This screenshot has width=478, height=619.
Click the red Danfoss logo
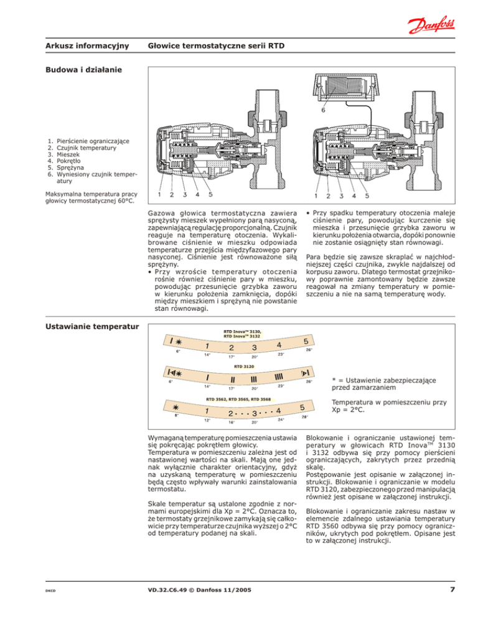[x=431, y=25]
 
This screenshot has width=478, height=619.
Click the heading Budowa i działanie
[x=83, y=70]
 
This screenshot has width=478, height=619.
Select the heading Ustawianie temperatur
[x=92, y=326]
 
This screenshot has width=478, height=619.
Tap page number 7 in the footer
[x=452, y=589]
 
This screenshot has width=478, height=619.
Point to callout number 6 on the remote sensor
[x=323, y=110]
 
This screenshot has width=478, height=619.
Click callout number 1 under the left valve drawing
[x=159, y=194]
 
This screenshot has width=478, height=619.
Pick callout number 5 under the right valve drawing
[x=367, y=196]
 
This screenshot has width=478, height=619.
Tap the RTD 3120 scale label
[x=244, y=367]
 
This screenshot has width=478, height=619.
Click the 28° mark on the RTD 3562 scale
[x=305, y=417]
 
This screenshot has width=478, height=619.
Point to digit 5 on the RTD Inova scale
[x=306, y=341]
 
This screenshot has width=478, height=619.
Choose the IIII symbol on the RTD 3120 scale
[x=279, y=377]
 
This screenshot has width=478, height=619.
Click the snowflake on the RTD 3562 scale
[x=176, y=407]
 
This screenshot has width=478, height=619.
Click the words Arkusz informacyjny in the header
[x=87, y=46]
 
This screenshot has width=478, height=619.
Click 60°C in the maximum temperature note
[x=126, y=201]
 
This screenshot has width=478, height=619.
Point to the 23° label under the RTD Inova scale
[x=281, y=354]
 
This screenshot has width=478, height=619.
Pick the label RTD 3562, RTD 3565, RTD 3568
[x=238, y=399]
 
